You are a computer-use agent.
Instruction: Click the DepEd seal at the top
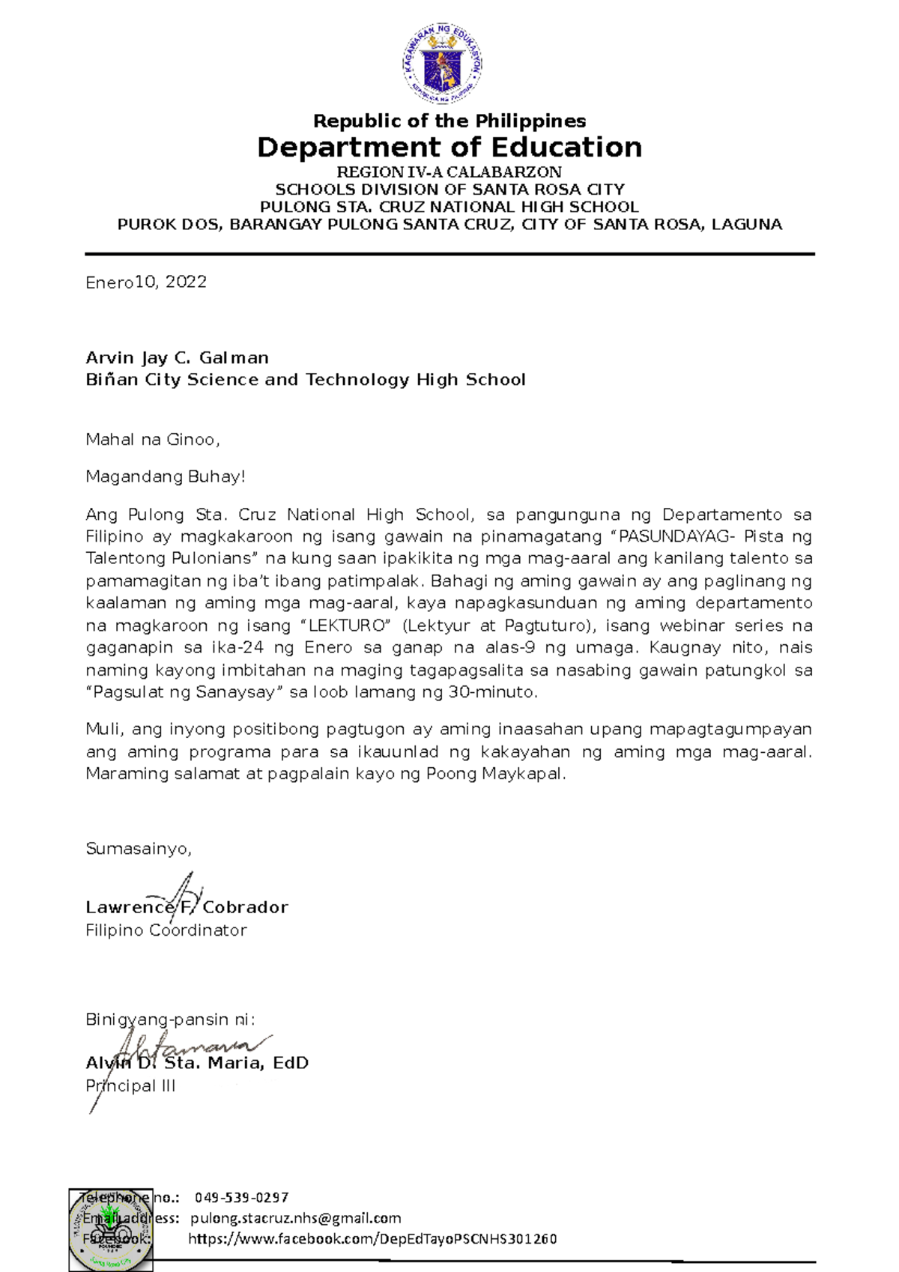(443, 64)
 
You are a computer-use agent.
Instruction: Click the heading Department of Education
(449, 148)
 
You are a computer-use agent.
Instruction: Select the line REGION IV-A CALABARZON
(449, 172)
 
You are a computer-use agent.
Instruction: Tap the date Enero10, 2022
(146, 282)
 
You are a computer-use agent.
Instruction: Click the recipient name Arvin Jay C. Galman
(177, 358)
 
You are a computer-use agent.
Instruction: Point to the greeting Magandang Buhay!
(166, 477)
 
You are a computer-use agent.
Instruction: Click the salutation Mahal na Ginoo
(152, 440)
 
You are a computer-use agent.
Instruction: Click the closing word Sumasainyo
(139, 849)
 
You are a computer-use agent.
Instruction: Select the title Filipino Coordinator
(166, 930)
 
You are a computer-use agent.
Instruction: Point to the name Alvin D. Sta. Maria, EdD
(197, 1063)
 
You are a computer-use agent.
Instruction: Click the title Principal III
(130, 1086)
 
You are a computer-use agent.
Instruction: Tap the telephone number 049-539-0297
(242, 1198)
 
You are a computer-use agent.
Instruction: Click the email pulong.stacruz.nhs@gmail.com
(296, 1218)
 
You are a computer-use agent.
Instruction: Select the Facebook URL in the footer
(372, 1239)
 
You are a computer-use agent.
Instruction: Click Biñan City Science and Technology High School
(306, 380)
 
